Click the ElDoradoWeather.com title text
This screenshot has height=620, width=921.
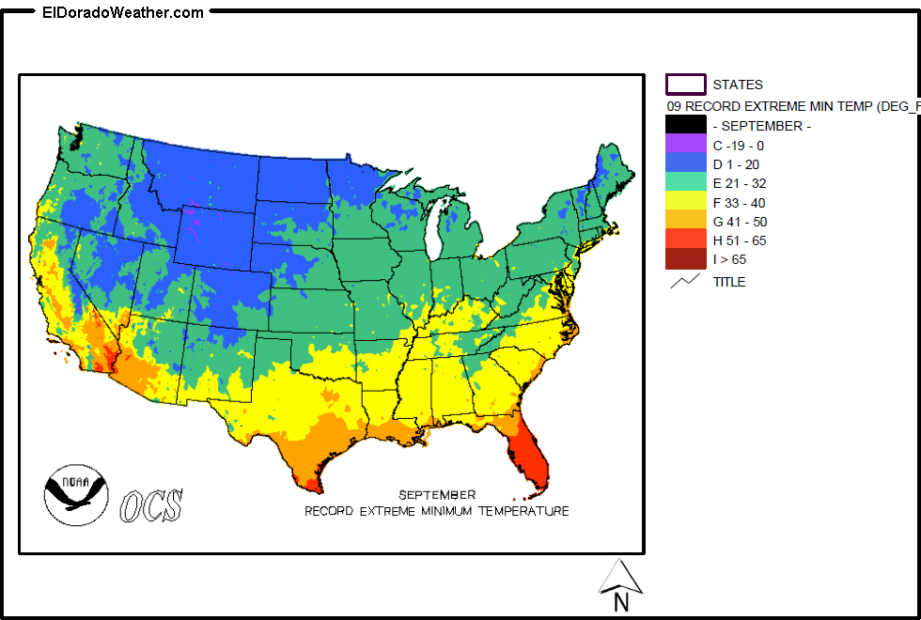(x=122, y=12)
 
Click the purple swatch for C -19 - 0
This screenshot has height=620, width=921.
(x=685, y=145)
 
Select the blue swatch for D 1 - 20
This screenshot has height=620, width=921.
(x=685, y=163)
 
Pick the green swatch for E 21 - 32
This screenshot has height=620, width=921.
(x=685, y=183)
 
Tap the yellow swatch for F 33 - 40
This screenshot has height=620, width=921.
(x=685, y=202)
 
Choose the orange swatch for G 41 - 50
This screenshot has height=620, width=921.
(x=685, y=221)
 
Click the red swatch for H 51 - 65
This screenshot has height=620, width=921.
(x=685, y=240)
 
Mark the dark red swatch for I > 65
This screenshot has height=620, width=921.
(x=685, y=259)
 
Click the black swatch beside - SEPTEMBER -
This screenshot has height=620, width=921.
(x=685, y=125)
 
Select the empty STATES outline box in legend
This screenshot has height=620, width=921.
(x=685, y=85)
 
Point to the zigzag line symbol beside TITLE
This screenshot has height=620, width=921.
(x=685, y=280)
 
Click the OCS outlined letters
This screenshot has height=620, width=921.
(x=151, y=505)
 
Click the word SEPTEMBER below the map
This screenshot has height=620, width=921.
(x=436, y=495)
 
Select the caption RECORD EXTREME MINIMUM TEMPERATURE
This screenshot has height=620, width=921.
(x=436, y=512)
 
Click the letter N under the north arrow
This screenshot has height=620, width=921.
(x=620, y=602)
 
